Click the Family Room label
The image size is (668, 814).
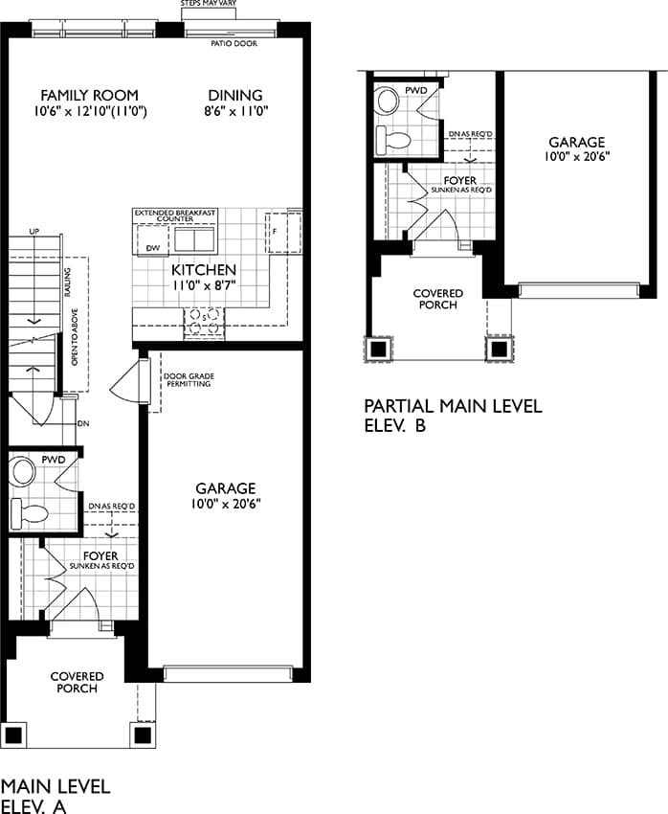(x=89, y=96)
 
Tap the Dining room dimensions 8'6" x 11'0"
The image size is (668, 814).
(x=236, y=111)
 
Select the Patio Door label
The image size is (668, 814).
(x=234, y=44)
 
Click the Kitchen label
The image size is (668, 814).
(x=204, y=270)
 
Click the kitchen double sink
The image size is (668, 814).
(x=194, y=239)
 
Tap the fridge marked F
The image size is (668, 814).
(x=283, y=232)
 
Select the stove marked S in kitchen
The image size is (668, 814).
(x=205, y=322)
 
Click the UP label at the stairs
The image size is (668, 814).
(x=33, y=231)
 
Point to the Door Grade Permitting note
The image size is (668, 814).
(x=189, y=380)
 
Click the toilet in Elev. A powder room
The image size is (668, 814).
(x=30, y=513)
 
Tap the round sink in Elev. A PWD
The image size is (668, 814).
(x=23, y=471)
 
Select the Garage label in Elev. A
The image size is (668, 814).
(x=226, y=488)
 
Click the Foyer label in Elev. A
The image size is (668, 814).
(x=100, y=556)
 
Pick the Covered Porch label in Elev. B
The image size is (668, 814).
(x=438, y=299)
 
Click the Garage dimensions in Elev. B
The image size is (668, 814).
(x=577, y=157)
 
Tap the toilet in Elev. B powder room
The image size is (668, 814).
(x=393, y=140)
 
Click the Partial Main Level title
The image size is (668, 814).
(x=454, y=406)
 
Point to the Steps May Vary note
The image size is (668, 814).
(x=209, y=3)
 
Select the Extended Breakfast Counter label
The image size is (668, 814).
(x=175, y=216)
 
